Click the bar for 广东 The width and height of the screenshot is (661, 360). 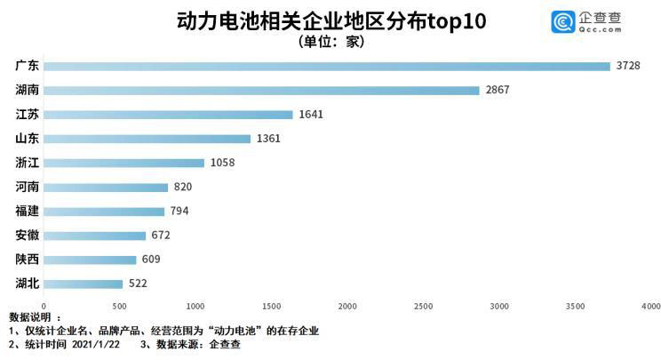pos(327,67)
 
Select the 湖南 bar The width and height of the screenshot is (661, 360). pos(261,91)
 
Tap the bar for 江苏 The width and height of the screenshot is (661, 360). pos(168,115)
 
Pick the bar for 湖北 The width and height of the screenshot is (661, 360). pos(83,284)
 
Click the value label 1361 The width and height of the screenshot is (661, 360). pos(267,139)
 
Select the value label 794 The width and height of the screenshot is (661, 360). pos(179,212)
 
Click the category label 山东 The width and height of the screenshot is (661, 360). pos(27,139)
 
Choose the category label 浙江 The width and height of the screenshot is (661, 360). pos(27,163)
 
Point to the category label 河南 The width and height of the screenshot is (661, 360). pos(27,187)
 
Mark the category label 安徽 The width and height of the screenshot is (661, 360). pos(27,236)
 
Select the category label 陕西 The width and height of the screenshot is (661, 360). pos(27,260)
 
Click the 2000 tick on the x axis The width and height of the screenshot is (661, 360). pos(347,306)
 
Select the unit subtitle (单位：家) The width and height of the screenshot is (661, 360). pos(330,42)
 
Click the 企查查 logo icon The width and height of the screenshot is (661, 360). pos(561,21)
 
